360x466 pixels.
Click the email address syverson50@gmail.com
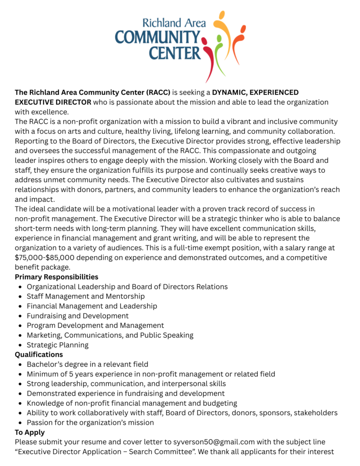tap(219, 442)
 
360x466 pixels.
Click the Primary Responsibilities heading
tap(57, 277)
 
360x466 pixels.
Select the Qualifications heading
tap(39, 354)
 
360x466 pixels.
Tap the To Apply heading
tap(30, 432)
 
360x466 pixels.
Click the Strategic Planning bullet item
tap(58, 345)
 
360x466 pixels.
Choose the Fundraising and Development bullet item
tap(77, 316)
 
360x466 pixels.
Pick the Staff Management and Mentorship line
tap(85, 296)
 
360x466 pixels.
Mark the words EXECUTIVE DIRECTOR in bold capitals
tap(53, 102)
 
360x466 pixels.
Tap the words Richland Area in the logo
tap(171, 22)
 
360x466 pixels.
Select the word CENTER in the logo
tap(175, 53)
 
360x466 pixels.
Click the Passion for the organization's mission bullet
tap(90, 422)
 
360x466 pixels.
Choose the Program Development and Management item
tap(95, 325)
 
